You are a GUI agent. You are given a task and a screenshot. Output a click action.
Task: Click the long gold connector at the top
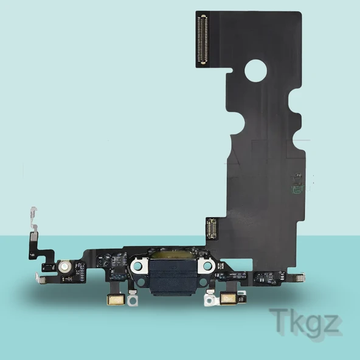coord(204,40)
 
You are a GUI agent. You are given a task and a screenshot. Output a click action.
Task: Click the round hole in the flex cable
coord(255,71)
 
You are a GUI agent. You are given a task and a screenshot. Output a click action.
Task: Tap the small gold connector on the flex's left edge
coord(212,228)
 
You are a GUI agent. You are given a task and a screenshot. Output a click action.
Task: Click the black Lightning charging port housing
coord(173,277)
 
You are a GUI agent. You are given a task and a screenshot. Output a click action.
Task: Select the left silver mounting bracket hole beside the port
coord(138,266)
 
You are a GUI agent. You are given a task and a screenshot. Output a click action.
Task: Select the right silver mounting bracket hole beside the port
coord(207,266)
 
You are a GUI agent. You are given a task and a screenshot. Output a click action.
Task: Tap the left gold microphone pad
coord(116,300)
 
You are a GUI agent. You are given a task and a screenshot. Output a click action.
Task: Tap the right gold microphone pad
coord(229,299)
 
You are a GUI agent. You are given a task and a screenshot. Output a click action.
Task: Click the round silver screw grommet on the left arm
coord(64,266)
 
